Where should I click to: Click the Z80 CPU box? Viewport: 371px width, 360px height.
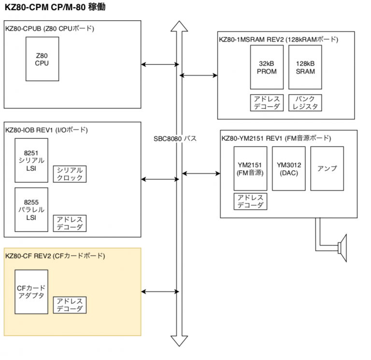point(42,59)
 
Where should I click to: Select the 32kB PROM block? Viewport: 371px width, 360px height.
point(267,67)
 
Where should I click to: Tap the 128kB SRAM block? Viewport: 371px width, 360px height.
point(305,67)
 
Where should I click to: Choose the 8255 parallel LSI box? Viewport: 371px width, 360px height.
point(31,210)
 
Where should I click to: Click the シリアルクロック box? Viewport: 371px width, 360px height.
point(69,174)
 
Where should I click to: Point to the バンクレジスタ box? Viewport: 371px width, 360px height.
point(305,102)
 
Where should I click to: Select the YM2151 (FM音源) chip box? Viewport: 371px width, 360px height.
point(250,168)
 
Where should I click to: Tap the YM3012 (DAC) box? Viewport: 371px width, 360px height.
point(288,168)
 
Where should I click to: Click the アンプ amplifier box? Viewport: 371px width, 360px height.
point(327,168)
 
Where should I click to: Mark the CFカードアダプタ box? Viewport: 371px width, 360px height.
point(31,291)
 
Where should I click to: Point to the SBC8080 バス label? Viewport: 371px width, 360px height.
point(175,139)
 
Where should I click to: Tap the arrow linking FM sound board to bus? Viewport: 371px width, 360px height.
point(201,173)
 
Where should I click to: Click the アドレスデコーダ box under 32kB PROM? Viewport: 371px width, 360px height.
point(267,102)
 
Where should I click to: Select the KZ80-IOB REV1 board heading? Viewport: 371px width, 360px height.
point(46,130)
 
